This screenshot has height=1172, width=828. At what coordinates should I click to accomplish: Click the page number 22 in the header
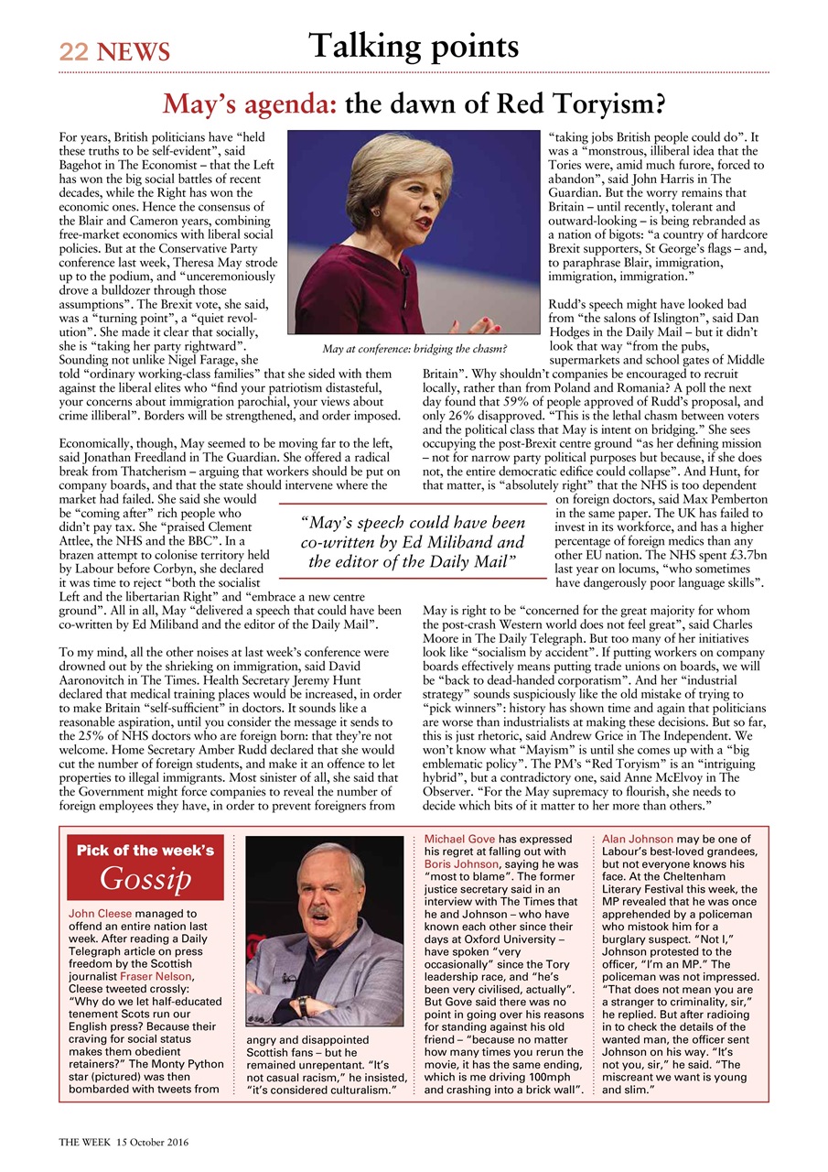[x=73, y=53]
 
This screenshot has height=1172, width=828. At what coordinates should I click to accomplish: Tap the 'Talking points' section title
[x=414, y=45]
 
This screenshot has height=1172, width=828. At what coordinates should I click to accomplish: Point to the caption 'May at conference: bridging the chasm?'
[x=414, y=348]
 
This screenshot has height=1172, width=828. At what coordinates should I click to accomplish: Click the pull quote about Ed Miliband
[x=413, y=542]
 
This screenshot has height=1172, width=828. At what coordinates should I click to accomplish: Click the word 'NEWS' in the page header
[x=133, y=53]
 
